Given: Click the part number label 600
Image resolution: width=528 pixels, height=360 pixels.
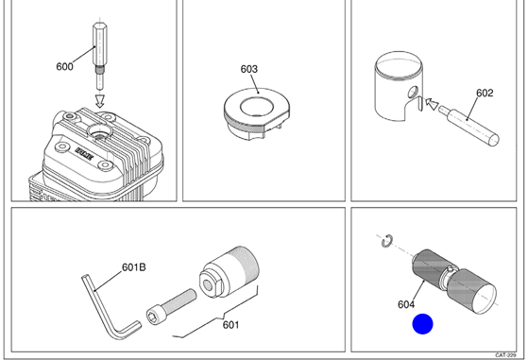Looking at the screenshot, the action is tap(64, 66).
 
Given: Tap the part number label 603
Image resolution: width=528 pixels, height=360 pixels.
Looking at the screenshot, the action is tap(248, 69).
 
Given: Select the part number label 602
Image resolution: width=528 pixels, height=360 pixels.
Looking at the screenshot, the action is tap(485, 93).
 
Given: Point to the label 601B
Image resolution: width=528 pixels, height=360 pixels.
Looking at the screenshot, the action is tap(134, 267).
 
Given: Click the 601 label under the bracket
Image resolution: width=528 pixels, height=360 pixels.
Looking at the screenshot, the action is tap(230, 325).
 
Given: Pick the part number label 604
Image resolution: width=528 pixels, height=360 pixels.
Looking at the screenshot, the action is tap(406, 304).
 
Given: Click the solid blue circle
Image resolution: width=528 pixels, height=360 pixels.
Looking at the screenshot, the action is tap(422, 324).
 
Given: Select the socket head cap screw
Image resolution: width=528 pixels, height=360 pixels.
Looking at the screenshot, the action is tap(171, 305).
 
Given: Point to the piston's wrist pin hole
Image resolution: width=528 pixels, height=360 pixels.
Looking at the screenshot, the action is tap(413, 92).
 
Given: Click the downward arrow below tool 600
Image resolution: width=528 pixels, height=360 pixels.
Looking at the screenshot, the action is tap(100, 101).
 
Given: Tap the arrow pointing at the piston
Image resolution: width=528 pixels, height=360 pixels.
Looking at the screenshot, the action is tap(432, 103).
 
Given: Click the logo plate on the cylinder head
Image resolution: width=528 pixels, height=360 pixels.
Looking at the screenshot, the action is tap(84, 154).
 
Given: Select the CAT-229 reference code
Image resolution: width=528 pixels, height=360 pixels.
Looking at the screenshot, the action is tap(505, 355).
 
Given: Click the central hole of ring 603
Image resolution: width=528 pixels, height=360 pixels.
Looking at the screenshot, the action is tap(257, 107).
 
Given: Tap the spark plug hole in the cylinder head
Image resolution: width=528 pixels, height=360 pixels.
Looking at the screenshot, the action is tap(99, 131).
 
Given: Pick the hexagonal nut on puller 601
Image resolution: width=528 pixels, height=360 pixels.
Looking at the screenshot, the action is tap(211, 283).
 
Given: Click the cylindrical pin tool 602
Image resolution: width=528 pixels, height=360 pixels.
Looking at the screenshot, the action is tap(469, 126).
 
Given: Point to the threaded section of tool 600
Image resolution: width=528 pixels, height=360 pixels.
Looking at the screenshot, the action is tap(99, 70).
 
